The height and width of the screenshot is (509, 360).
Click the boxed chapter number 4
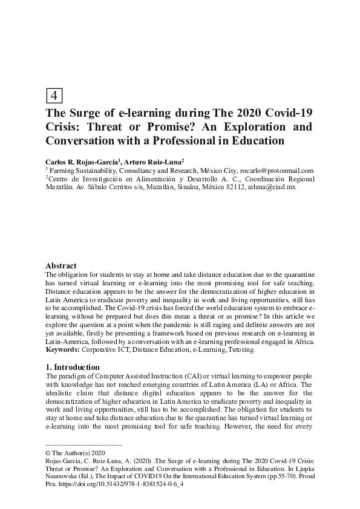coord(54,96)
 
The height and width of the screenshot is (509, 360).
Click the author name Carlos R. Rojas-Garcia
coord(85,162)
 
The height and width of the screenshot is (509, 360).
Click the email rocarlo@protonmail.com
coord(277,171)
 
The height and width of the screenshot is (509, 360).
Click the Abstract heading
coord(61,265)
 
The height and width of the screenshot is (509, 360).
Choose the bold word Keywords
coord(63,350)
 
